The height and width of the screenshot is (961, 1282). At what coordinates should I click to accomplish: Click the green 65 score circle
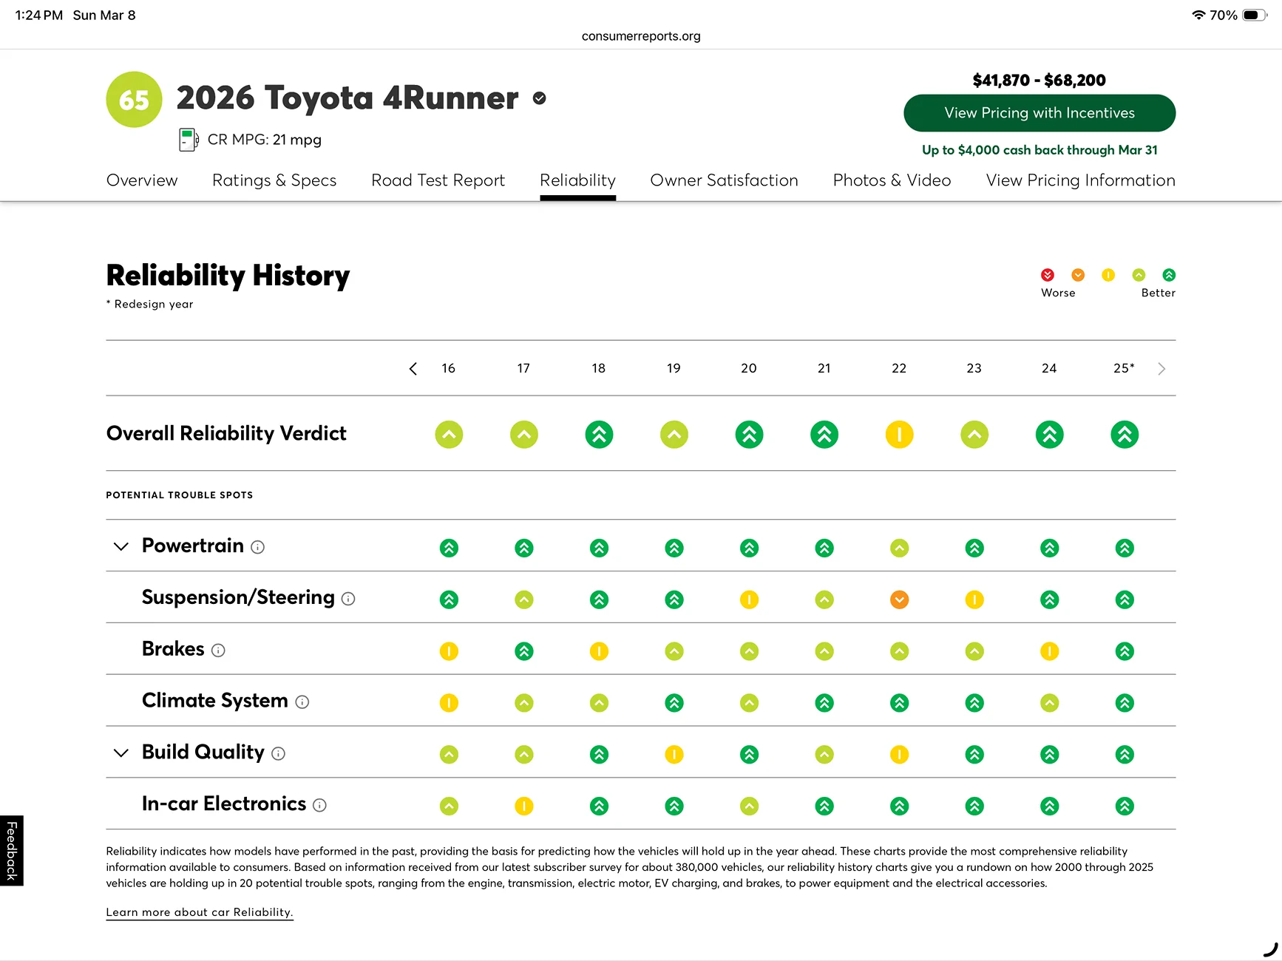(134, 100)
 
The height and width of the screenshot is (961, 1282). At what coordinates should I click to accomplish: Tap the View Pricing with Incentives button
(1039, 113)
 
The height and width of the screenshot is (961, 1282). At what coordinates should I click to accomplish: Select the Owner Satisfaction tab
(724, 180)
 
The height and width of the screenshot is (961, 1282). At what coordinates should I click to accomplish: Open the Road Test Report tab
(438, 180)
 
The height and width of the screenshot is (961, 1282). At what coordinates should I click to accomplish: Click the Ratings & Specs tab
(274, 180)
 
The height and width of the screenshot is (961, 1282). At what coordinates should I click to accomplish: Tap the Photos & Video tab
(892, 180)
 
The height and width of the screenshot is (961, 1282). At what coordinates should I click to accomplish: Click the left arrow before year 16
(413, 369)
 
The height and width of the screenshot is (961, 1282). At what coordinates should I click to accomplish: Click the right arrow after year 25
(1161, 369)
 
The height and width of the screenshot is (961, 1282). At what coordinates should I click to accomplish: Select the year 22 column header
(899, 368)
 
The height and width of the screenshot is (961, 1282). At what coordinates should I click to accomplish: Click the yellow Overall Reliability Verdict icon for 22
(899, 435)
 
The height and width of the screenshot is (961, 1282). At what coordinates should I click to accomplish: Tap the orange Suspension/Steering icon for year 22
(899, 600)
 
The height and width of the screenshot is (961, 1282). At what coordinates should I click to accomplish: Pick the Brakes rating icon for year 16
(449, 651)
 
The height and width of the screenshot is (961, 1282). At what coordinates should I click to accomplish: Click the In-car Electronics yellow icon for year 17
(523, 806)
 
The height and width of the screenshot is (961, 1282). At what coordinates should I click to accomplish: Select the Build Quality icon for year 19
(674, 755)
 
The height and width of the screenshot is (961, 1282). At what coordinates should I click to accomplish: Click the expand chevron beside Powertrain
(121, 546)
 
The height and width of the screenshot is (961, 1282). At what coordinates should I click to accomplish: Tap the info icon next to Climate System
(302, 702)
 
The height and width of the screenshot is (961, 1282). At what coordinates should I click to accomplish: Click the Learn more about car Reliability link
(200, 912)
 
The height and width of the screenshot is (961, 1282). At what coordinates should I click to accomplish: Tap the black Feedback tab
(12, 850)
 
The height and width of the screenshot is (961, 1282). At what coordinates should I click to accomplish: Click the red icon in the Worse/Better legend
(1048, 275)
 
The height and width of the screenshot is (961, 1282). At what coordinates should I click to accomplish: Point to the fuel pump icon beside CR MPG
(189, 140)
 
